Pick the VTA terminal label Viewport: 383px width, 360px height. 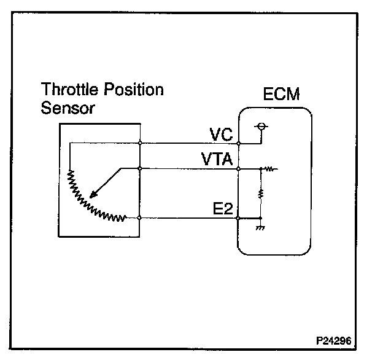pyautogui.click(x=217, y=160)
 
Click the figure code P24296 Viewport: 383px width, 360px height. pyautogui.click(x=335, y=339)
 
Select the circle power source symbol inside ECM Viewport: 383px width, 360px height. pyautogui.click(x=261, y=127)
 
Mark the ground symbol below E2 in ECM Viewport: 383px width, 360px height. pyautogui.click(x=261, y=227)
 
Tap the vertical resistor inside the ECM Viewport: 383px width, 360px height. pyautogui.click(x=261, y=193)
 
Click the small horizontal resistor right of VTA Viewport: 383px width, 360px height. pyautogui.click(x=269, y=168)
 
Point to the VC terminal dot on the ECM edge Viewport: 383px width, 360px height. pyautogui.click(x=239, y=143)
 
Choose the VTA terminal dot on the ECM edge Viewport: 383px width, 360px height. pyautogui.click(x=239, y=168)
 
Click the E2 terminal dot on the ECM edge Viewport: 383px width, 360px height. pyautogui.click(x=239, y=217)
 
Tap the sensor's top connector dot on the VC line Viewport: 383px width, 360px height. pyautogui.click(x=141, y=143)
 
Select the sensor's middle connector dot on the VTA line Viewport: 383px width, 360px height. pyautogui.click(x=141, y=168)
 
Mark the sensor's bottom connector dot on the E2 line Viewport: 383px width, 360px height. pyautogui.click(x=141, y=217)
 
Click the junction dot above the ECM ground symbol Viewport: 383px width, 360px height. pyautogui.click(x=261, y=217)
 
